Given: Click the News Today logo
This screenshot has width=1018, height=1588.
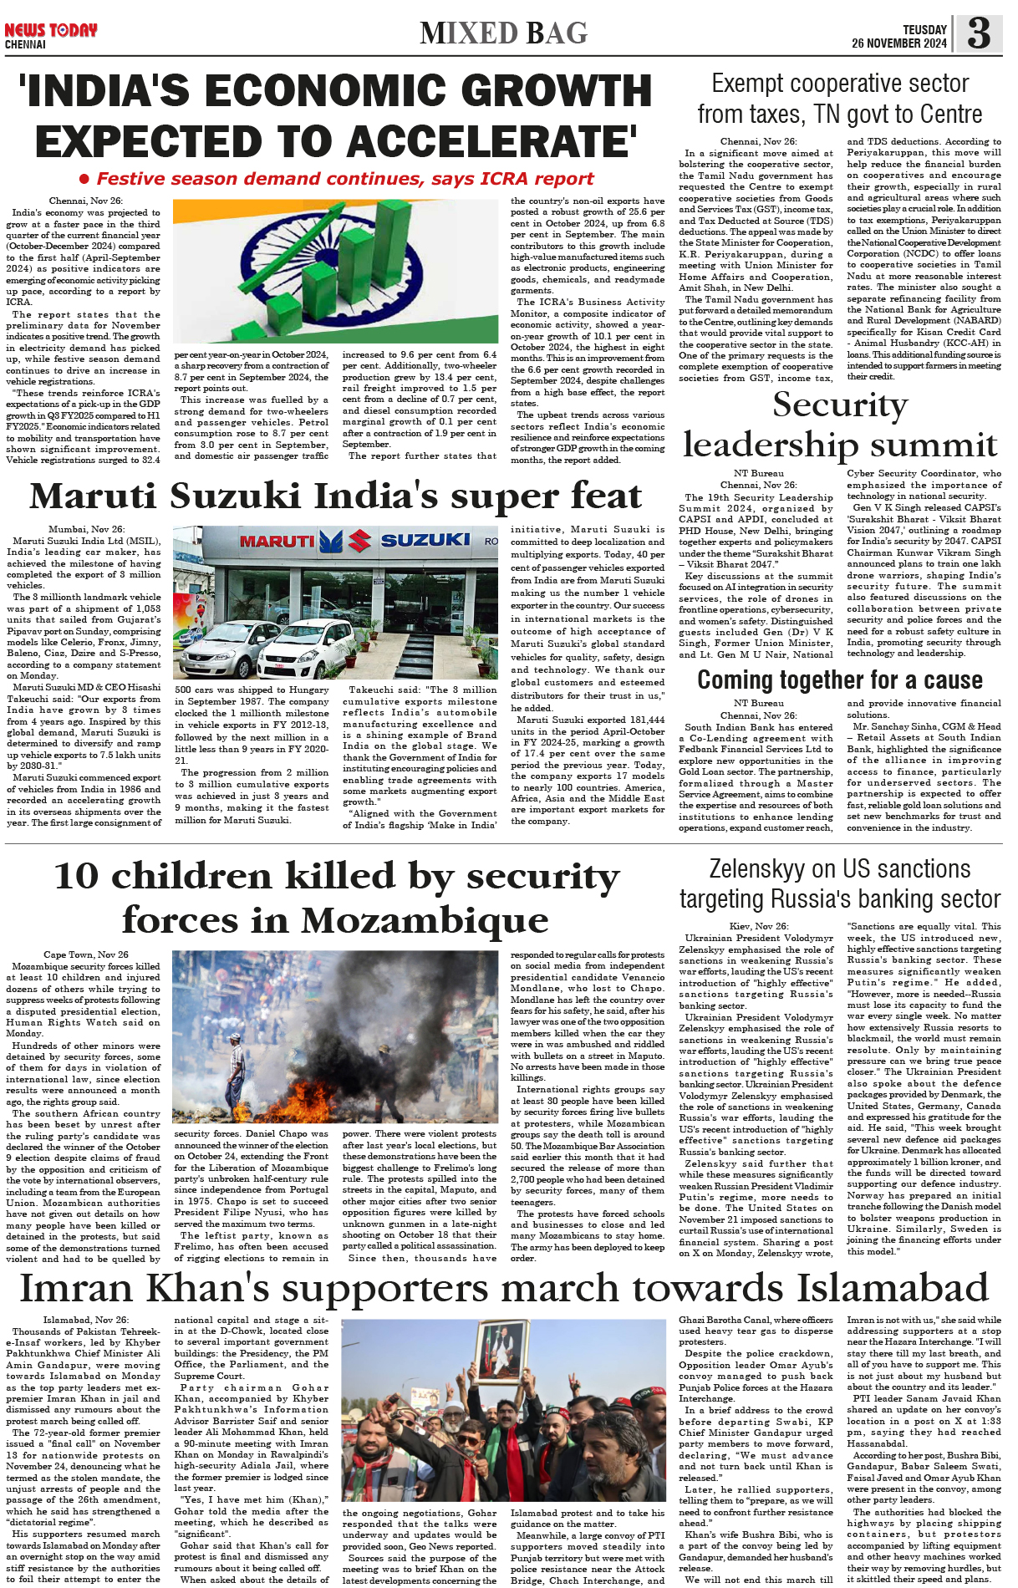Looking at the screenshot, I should pos(50,30).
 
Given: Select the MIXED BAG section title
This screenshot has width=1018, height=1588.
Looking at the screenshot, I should pos(504,33).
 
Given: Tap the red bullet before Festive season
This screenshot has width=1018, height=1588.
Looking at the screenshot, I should pos(84,179).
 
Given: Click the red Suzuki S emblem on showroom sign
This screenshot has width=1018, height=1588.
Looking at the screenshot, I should pos(360,541).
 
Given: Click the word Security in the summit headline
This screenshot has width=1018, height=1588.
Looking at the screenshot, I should pos(840,405).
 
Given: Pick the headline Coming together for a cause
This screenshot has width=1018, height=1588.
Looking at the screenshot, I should pos(840,679).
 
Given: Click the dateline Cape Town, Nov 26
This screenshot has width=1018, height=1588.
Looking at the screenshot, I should pos(86,954).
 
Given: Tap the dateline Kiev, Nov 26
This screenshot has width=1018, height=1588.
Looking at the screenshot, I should pos(759,926).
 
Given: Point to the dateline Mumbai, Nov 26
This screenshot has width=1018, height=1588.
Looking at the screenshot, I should pos(86,529).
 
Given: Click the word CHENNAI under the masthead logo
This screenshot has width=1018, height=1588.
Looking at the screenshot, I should pos(25,44).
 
